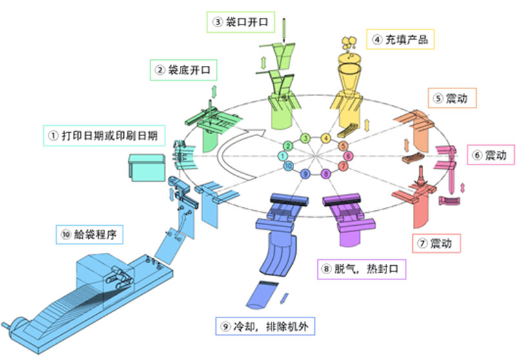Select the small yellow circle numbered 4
coord(326,139)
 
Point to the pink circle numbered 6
coord(348,156)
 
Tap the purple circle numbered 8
coord(326,174)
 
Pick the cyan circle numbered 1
coord(283,156)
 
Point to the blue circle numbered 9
coord(305,174)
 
